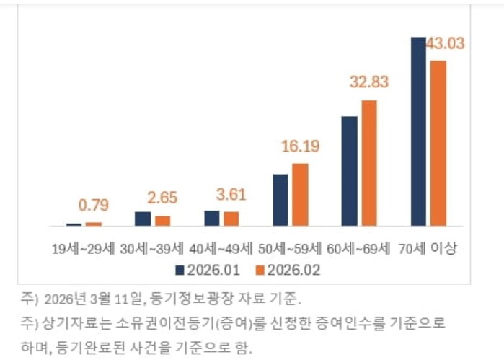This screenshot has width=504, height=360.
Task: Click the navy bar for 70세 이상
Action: click(418, 131)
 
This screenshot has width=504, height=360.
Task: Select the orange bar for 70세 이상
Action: click(438, 143)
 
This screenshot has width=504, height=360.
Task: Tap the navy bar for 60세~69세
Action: click(350, 171)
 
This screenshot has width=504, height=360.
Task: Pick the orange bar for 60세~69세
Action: click(369, 163)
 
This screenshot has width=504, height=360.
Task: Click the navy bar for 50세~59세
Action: click(280, 200)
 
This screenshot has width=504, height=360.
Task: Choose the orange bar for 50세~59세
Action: click(300, 195)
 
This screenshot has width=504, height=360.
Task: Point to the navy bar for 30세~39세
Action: click(143, 219)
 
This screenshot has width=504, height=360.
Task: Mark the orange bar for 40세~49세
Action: click(231, 219)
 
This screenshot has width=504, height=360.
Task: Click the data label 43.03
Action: click(445, 43)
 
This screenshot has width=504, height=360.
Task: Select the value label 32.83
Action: click(369, 82)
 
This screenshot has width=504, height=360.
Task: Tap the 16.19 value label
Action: click(300, 146)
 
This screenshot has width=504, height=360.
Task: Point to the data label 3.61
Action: click(231, 195)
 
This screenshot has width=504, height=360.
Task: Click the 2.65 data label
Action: click(162, 198)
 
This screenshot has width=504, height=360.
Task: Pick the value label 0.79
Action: click(94, 206)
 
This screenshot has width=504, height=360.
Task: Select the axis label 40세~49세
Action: click(221, 249)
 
